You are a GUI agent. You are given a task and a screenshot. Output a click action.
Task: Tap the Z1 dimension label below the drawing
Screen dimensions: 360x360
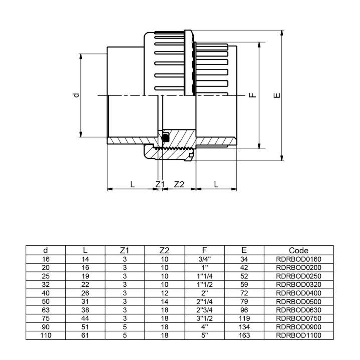pos(160,184)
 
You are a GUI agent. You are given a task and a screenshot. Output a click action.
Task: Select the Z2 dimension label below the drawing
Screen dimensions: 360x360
pos(179,184)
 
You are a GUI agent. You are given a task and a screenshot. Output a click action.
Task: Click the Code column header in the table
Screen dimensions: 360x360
pos(299,250)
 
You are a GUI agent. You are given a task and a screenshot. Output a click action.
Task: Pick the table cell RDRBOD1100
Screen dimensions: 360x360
pos(299,336)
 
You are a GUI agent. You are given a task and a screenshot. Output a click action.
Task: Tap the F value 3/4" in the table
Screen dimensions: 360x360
pos(204,259)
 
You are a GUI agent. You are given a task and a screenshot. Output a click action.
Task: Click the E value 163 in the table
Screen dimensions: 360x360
pos(244,336)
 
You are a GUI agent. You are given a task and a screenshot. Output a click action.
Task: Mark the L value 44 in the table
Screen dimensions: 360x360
pos(85,318)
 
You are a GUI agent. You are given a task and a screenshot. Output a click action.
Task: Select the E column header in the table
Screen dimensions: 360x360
pos(244,250)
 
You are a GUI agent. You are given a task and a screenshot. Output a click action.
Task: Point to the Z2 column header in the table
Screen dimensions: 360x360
pos(164,250)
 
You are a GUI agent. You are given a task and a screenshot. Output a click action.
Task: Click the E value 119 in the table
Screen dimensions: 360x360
pos(244,318)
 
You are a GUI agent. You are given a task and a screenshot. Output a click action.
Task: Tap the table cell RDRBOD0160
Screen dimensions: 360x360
pos(299,259)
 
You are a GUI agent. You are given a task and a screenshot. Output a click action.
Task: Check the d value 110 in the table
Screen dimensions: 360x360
pos(46,336)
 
